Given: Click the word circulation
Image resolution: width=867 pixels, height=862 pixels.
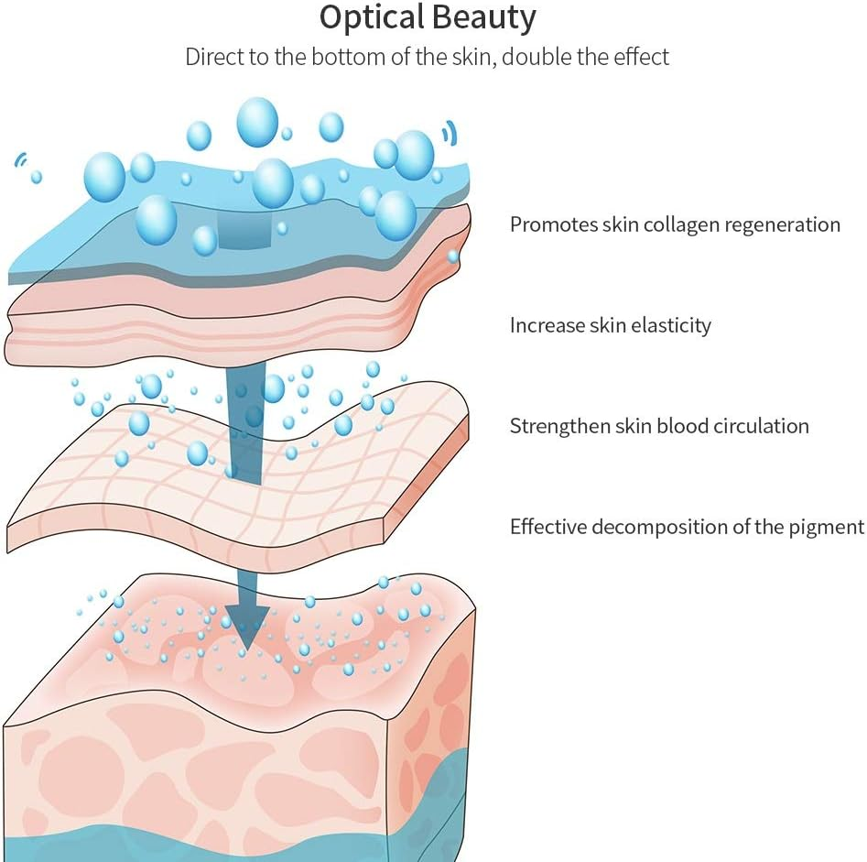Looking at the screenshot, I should (755, 426).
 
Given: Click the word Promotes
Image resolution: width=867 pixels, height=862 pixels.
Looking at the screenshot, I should (552, 224).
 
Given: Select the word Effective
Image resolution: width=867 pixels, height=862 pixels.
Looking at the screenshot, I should (548, 527).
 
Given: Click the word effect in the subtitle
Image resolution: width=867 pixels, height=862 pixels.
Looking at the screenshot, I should (642, 57).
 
